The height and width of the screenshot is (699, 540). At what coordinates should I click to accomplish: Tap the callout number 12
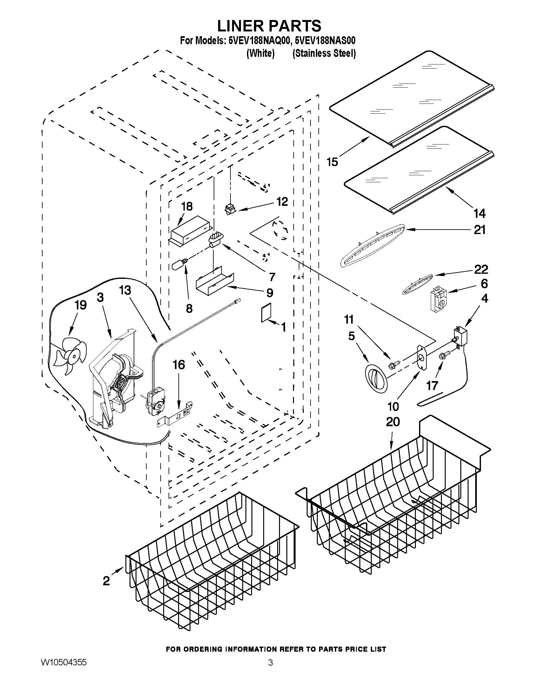pyautogui.click(x=282, y=202)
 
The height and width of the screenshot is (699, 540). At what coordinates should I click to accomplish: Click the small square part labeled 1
pyautogui.click(x=266, y=312)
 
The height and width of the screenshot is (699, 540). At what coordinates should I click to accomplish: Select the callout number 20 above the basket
pyautogui.click(x=392, y=422)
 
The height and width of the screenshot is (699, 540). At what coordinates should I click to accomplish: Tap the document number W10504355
pyautogui.click(x=64, y=662)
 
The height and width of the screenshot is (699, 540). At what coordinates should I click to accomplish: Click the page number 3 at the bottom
pyautogui.click(x=270, y=663)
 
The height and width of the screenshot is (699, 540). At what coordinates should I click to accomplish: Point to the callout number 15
pyautogui.click(x=332, y=162)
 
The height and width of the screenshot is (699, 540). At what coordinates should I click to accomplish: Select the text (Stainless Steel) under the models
pyautogui.click(x=324, y=53)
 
